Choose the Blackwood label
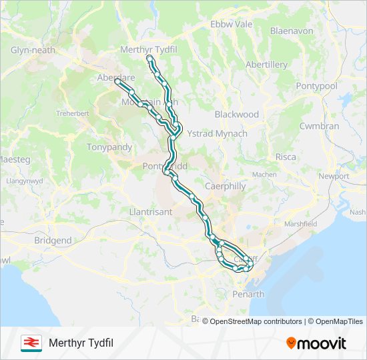237,114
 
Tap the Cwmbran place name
319,126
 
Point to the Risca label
286,157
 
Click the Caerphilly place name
225,187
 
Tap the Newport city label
334,176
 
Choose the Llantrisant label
150,211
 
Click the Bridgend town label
53,240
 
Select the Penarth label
248,294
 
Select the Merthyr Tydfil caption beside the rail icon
81,343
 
